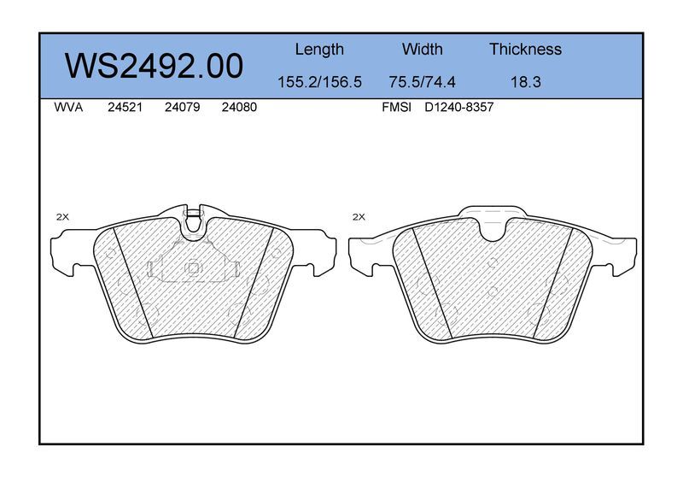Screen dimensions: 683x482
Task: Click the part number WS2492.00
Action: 154,67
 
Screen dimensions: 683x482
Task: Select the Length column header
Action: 319,50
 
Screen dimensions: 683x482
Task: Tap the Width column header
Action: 422,49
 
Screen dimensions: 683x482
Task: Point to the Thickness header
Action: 525,49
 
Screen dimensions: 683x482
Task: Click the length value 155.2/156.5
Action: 319,82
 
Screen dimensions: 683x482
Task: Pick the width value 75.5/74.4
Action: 422,82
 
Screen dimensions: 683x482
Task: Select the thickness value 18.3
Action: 526,82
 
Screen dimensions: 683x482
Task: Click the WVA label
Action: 68,108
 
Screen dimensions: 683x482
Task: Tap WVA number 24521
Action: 125,108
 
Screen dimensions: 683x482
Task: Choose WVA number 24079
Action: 182,108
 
